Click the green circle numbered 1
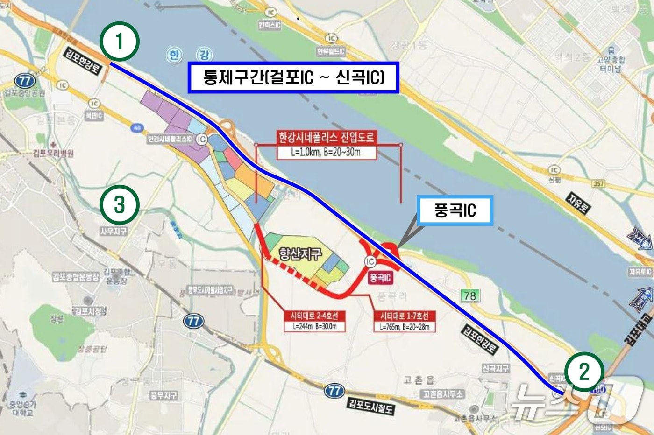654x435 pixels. (x=120, y=42)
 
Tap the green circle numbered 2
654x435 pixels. (x=584, y=372)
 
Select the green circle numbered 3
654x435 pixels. (x=120, y=205)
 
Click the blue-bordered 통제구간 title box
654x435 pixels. (x=293, y=77)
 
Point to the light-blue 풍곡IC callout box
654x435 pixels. (x=455, y=210)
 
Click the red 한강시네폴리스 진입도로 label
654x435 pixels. (x=327, y=137)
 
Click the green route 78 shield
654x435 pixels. (x=470, y=295)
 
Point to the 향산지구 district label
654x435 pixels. (x=300, y=253)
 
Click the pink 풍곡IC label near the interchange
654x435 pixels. (x=380, y=278)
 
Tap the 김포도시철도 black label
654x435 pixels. (x=371, y=406)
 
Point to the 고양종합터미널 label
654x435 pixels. (x=611, y=64)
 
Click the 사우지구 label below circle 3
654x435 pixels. (x=114, y=231)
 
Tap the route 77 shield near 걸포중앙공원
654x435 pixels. (x=25, y=81)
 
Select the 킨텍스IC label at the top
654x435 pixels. (x=270, y=25)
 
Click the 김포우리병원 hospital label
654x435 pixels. (x=53, y=153)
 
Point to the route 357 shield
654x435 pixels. (x=598, y=184)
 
